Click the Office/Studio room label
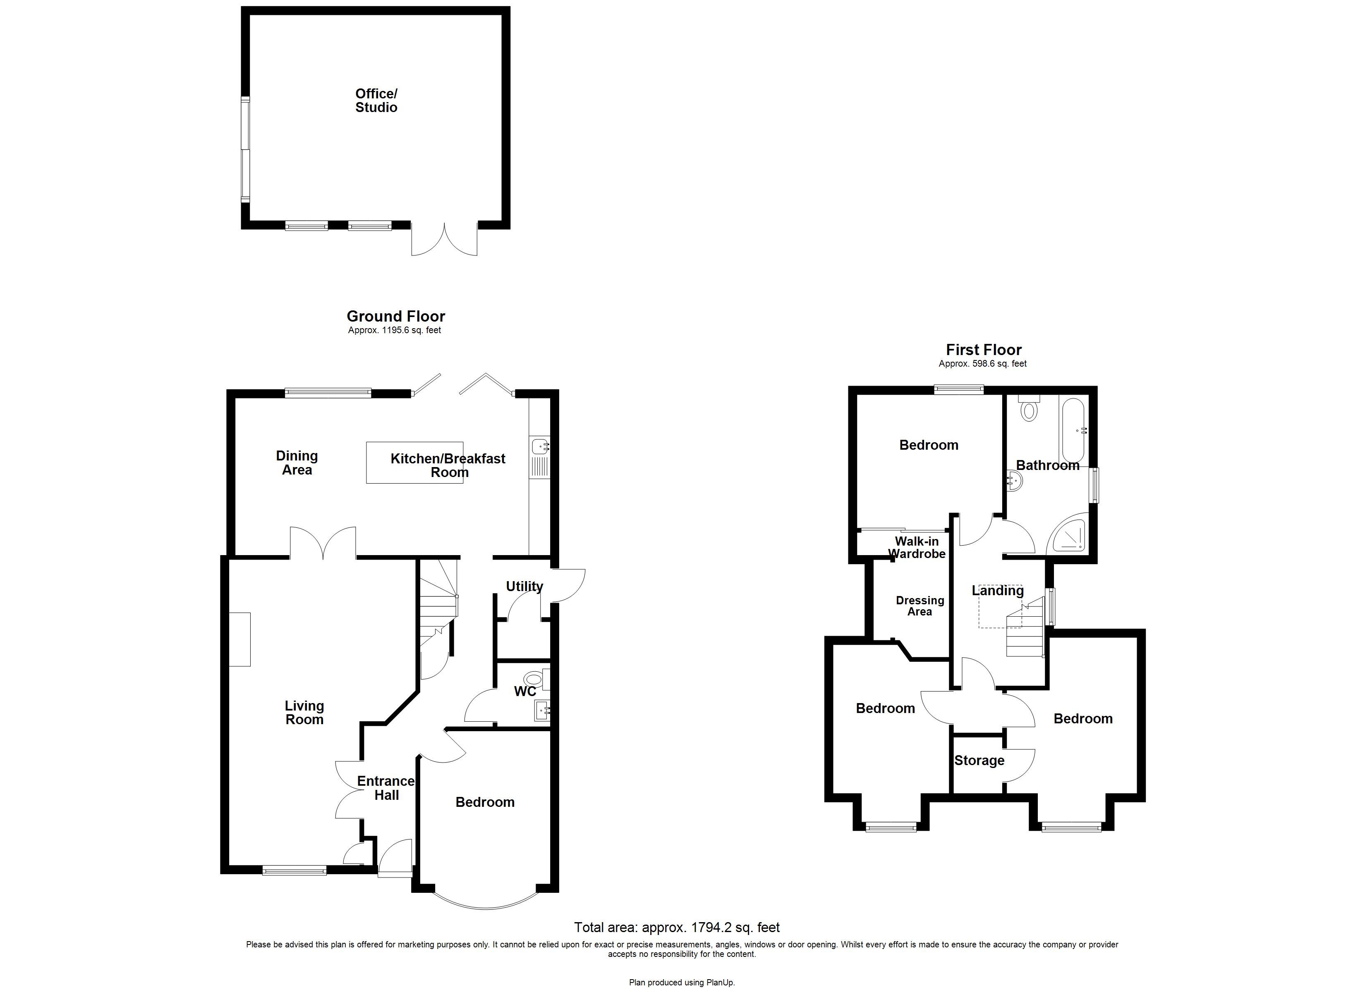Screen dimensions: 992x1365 point(376,100)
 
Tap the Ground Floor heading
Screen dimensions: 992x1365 point(395,317)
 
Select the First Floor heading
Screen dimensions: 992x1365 point(984,350)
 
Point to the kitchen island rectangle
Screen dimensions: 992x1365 point(415,463)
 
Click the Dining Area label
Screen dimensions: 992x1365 point(297,463)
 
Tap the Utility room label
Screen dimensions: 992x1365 point(524,586)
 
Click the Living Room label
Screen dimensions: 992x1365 point(304,712)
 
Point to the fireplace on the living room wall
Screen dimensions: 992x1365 point(239,639)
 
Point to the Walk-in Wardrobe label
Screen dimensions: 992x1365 point(917,547)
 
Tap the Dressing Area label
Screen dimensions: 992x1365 point(920,606)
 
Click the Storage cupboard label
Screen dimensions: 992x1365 point(979,761)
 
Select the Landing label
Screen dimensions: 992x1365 point(997,591)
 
